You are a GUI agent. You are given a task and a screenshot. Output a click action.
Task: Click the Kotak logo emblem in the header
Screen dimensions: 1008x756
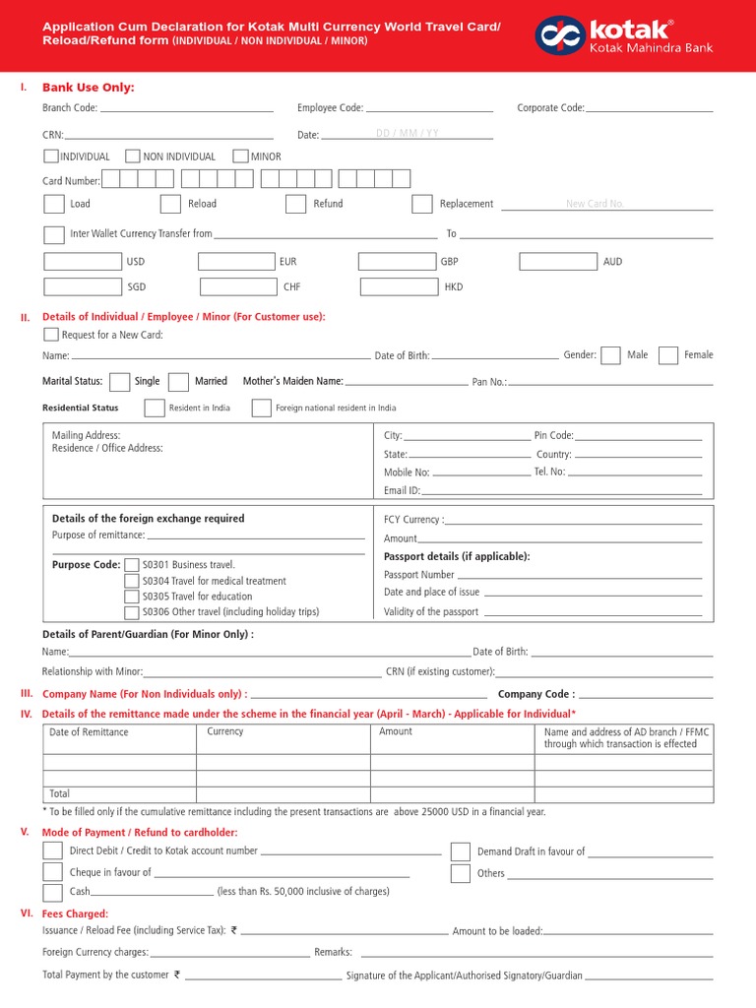pyautogui.click(x=559, y=35)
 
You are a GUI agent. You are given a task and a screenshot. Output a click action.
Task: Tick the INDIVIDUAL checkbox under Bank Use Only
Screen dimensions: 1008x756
pyautogui.click(x=50, y=156)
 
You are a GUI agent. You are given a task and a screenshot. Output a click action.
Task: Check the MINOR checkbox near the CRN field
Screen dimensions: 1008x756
pyautogui.click(x=240, y=156)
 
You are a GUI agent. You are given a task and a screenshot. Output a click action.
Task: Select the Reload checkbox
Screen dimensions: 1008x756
pyautogui.click(x=170, y=204)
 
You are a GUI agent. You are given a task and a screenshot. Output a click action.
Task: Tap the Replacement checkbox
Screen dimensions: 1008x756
pyautogui.click(x=421, y=204)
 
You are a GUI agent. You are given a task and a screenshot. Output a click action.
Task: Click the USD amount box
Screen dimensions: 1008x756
pyautogui.click(x=83, y=262)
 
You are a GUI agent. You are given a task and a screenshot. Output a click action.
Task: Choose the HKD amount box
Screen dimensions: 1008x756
pyautogui.click(x=399, y=287)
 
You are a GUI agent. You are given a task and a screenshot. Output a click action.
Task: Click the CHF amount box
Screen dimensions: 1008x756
pyautogui.click(x=238, y=287)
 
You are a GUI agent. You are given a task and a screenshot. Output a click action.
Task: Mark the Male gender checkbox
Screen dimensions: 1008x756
pyautogui.click(x=610, y=355)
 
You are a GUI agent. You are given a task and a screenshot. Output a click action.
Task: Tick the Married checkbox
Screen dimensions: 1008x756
pyautogui.click(x=178, y=382)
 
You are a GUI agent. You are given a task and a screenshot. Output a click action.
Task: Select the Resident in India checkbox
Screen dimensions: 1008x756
pyautogui.click(x=155, y=408)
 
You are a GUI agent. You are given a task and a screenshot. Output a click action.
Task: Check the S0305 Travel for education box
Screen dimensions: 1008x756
pyautogui.click(x=132, y=597)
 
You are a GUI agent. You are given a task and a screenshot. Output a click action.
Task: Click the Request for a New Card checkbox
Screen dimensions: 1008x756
pyautogui.click(x=51, y=335)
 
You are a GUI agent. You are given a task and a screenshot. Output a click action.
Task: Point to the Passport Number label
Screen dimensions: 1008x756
pyautogui.click(x=419, y=575)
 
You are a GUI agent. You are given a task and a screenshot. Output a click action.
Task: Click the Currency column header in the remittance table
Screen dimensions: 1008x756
pyautogui.click(x=225, y=732)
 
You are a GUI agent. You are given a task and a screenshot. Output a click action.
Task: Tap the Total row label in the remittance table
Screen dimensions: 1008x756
pyautogui.click(x=60, y=793)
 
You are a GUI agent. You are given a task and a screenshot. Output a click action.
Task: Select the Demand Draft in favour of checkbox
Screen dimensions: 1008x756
pyautogui.click(x=460, y=851)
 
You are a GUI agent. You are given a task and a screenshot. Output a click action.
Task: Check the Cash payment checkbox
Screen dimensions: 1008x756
pyautogui.click(x=52, y=892)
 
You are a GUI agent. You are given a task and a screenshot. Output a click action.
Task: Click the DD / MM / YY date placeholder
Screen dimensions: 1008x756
pyautogui.click(x=408, y=133)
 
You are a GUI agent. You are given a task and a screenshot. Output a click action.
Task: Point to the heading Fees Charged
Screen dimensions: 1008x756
pyautogui.click(x=75, y=914)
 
